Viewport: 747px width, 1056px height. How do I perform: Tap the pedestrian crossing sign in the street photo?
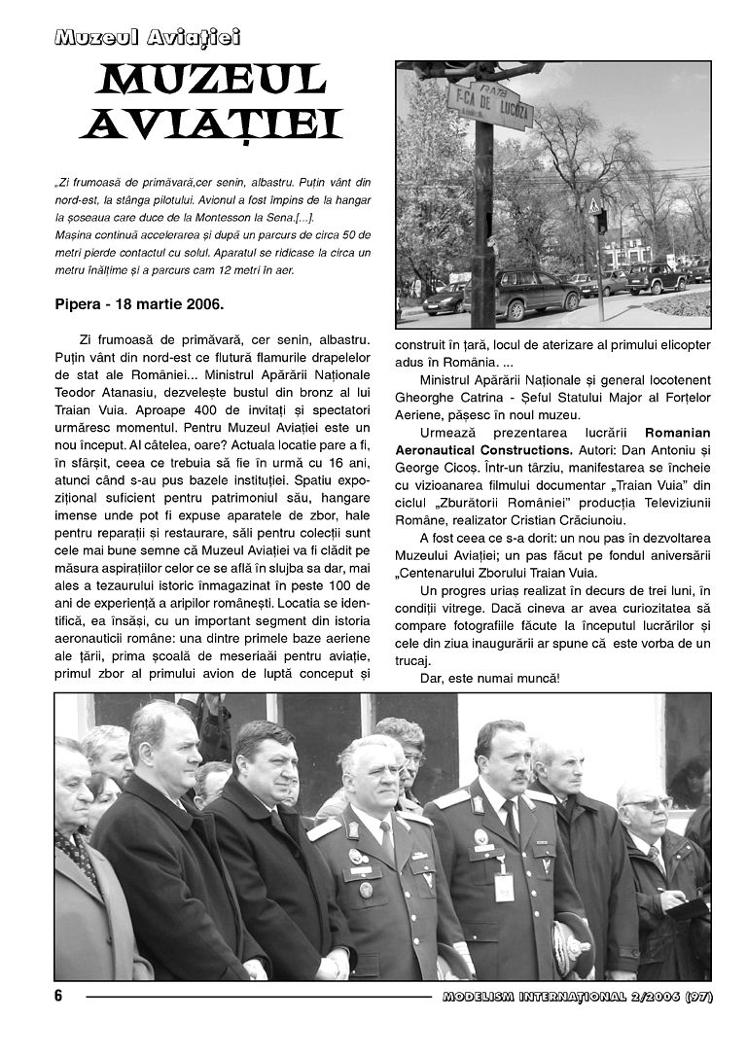tap(593, 206)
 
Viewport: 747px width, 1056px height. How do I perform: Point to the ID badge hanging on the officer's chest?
tap(503, 886)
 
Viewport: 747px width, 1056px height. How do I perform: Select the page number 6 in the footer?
tap(58, 996)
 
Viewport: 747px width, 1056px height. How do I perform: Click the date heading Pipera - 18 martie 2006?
tap(139, 303)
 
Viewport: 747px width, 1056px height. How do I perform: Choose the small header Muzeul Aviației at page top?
tap(147, 38)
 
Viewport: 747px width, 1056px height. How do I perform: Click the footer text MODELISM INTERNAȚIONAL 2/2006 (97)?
tap(577, 997)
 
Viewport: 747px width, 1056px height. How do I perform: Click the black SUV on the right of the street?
tap(657, 279)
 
